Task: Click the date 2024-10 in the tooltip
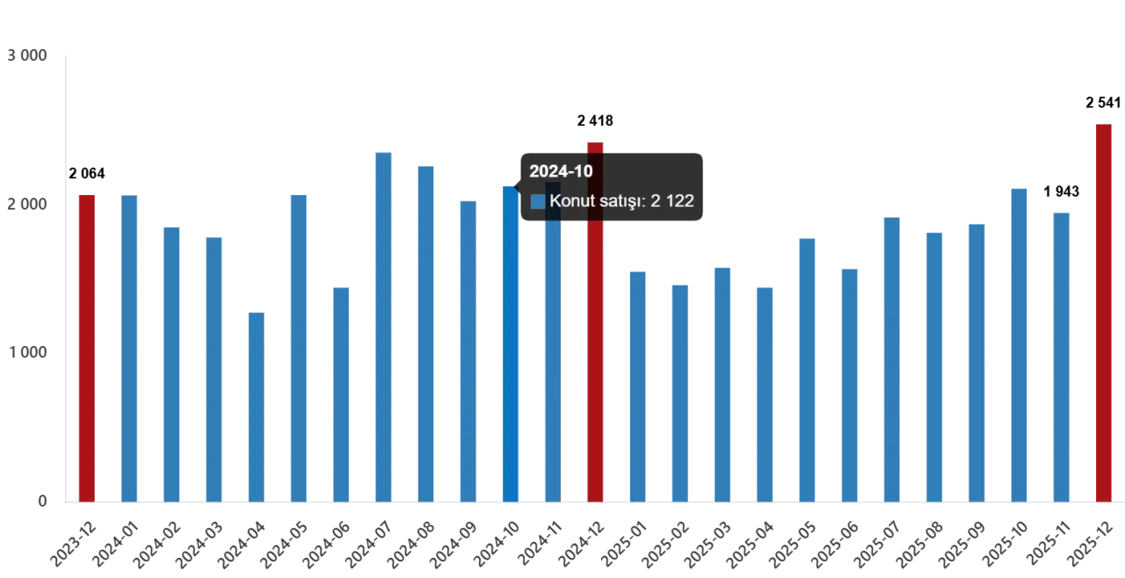click(x=561, y=171)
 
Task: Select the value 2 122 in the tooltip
click(x=671, y=201)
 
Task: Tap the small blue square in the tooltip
click(x=538, y=201)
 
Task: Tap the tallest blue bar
click(x=383, y=325)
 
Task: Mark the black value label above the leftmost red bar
click(x=87, y=172)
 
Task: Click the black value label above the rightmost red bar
click(x=1103, y=102)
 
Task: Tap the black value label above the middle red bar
click(x=598, y=119)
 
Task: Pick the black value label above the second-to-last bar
click(x=1061, y=190)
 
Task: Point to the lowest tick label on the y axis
click(x=41, y=502)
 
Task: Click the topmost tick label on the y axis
click(x=28, y=54)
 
